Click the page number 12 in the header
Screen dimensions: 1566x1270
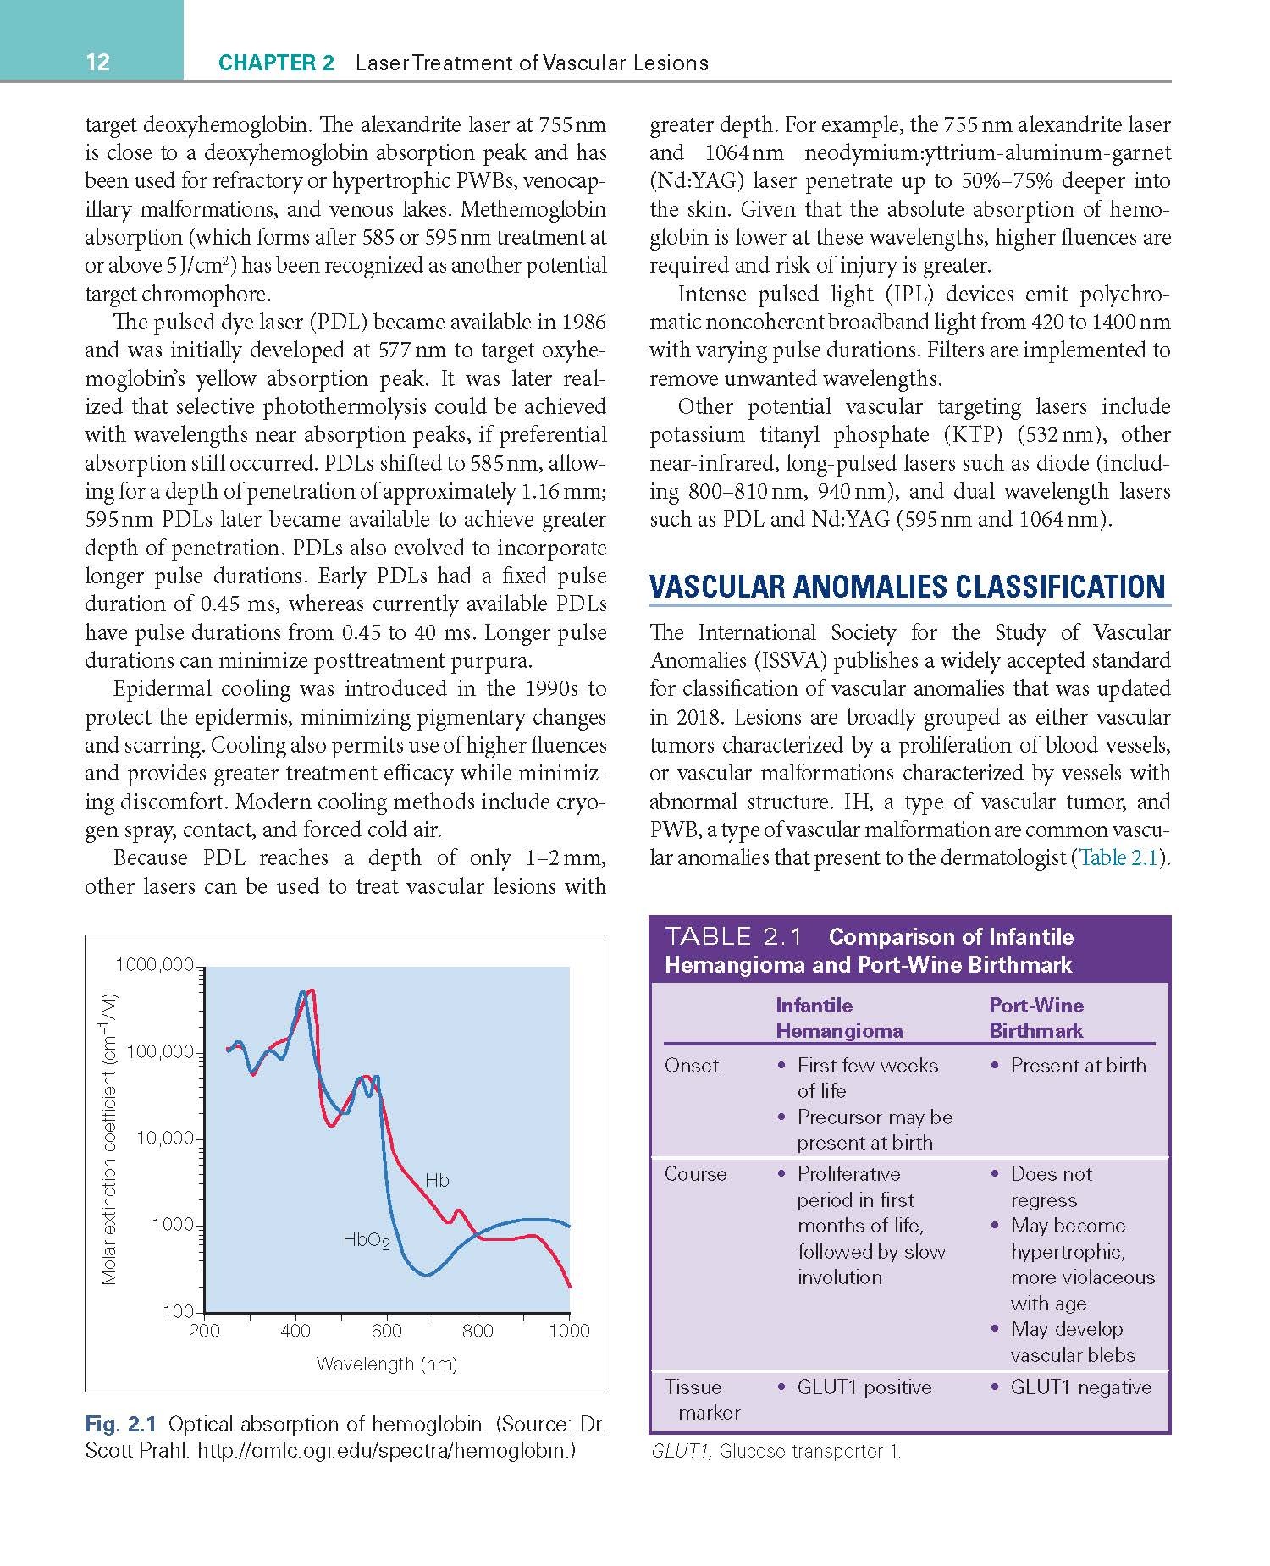(97, 62)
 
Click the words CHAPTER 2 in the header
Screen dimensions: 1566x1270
(276, 63)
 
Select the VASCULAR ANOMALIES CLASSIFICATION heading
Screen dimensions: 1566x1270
(907, 587)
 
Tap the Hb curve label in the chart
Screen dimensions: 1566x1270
(437, 1180)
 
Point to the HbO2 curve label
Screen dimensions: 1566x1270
(366, 1241)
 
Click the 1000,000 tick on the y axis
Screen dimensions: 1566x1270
(153, 964)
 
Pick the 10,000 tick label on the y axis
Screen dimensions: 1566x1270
(165, 1138)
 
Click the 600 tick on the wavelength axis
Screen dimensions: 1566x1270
(387, 1331)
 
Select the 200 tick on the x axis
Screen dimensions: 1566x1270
(204, 1331)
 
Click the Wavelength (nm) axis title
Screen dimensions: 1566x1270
(386, 1364)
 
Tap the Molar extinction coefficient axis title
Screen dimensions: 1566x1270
(108, 1138)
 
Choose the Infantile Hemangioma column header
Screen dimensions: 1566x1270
(838, 1017)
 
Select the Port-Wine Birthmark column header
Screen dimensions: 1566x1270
(1036, 1017)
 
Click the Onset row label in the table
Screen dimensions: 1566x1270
(691, 1066)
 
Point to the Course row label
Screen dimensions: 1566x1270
(695, 1174)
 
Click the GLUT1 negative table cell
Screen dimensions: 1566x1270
(1080, 1387)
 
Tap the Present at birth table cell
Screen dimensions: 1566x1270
(1078, 1066)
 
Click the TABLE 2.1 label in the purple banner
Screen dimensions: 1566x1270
(732, 936)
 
